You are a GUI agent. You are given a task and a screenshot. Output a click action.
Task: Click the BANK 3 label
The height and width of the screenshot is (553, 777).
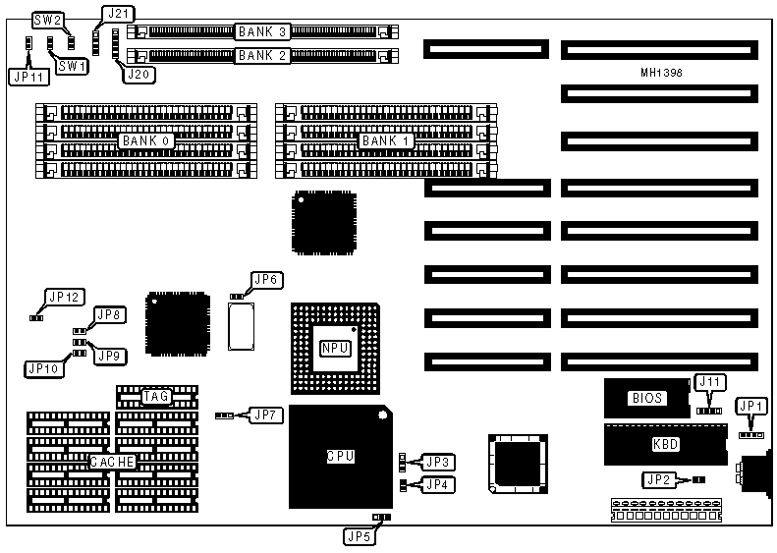(x=262, y=31)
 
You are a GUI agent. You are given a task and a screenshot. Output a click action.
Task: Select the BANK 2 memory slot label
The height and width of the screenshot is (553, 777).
(x=262, y=55)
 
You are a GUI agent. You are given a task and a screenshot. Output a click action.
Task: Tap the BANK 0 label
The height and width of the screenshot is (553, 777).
(x=146, y=141)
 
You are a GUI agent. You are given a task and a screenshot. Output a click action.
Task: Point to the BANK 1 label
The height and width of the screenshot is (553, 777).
(x=386, y=141)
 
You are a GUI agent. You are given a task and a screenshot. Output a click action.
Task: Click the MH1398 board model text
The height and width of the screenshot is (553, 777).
(x=660, y=74)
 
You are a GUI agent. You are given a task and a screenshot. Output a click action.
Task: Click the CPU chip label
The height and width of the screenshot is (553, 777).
(x=340, y=457)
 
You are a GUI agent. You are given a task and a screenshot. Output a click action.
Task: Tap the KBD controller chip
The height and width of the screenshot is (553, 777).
(x=665, y=444)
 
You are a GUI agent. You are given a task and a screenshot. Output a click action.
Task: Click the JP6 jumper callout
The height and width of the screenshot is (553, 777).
(x=267, y=281)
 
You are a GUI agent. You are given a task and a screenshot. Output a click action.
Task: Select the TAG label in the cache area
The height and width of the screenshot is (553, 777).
(x=156, y=397)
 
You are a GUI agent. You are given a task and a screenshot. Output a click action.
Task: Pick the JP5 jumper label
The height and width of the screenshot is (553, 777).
(x=357, y=536)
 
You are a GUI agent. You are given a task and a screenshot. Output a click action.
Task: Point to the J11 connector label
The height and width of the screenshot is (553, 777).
(x=708, y=382)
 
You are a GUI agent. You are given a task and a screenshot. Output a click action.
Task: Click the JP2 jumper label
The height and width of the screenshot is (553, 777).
(x=659, y=480)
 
